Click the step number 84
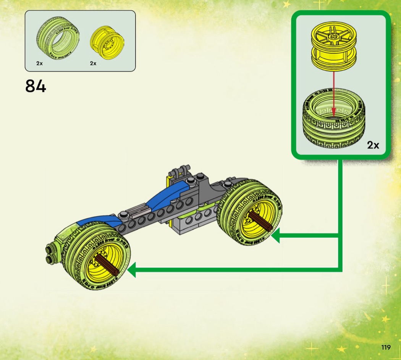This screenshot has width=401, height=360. pyautogui.click(x=36, y=86)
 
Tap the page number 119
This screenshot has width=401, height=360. pyautogui.click(x=386, y=347)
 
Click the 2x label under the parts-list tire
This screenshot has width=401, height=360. pyautogui.click(x=40, y=63)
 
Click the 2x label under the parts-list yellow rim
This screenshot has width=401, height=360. pyautogui.click(x=93, y=63)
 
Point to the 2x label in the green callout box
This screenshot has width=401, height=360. pyautogui.click(x=373, y=145)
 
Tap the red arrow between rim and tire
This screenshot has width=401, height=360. pyautogui.click(x=333, y=92)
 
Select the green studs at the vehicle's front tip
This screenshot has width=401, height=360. pyautogui.click(x=50, y=250)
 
